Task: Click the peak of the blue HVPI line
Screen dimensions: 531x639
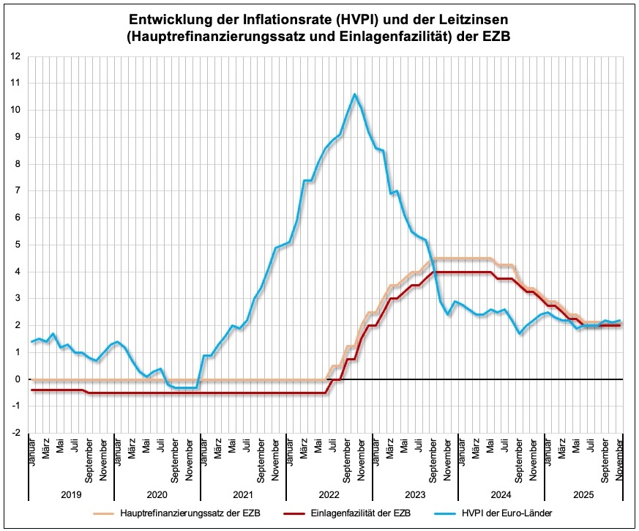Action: [x=354, y=94]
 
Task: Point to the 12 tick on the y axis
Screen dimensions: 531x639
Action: [x=15, y=56]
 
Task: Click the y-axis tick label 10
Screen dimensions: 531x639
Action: [x=15, y=110]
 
